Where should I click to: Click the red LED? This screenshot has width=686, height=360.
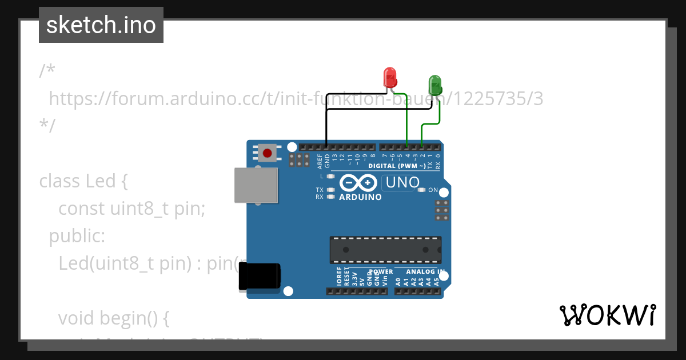[x=389, y=77]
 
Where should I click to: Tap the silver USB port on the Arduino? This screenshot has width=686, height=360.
[x=255, y=185]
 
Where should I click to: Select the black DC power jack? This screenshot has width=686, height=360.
[x=259, y=278]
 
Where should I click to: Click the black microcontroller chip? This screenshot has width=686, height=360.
[x=385, y=250]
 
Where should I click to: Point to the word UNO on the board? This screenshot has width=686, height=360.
[x=402, y=183]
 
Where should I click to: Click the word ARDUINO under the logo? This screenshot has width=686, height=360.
[x=360, y=197]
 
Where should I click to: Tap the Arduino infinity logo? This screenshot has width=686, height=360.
[x=357, y=183]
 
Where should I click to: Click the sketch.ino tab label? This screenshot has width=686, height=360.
[x=101, y=25]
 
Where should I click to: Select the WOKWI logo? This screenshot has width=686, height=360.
[x=607, y=315]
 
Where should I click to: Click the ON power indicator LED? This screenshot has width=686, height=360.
[x=422, y=190]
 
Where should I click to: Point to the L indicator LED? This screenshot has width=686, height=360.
[x=330, y=177]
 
